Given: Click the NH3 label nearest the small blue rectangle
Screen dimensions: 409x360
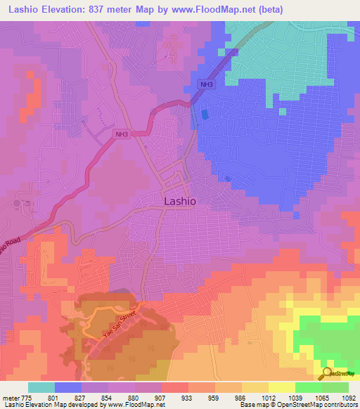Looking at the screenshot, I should pos(205,85).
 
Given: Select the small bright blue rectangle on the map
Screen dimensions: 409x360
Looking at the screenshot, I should pos(205,114).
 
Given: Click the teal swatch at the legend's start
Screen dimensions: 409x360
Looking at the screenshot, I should pos(41,387).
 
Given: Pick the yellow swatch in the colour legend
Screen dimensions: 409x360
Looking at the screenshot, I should pos(282,387).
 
